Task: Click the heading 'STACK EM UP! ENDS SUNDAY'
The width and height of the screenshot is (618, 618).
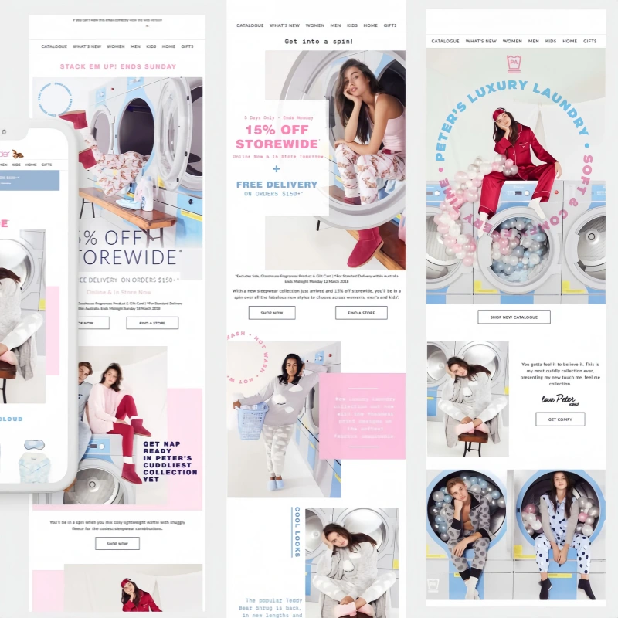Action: tap(118, 66)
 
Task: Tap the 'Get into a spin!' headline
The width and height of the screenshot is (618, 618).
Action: tap(319, 42)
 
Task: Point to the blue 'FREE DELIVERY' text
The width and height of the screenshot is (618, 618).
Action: tap(277, 185)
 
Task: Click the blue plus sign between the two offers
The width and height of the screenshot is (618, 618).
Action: tap(277, 168)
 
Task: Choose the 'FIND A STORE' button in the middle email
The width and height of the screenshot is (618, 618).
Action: tap(361, 313)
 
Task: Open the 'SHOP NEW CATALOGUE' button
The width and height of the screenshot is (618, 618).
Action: tap(514, 317)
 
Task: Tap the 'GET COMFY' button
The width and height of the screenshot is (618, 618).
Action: tap(560, 419)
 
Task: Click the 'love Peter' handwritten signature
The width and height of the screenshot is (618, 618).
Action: tap(559, 399)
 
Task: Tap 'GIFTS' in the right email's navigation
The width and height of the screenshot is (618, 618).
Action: tap(590, 41)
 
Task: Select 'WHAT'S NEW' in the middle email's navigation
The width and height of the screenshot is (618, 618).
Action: tap(285, 25)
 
